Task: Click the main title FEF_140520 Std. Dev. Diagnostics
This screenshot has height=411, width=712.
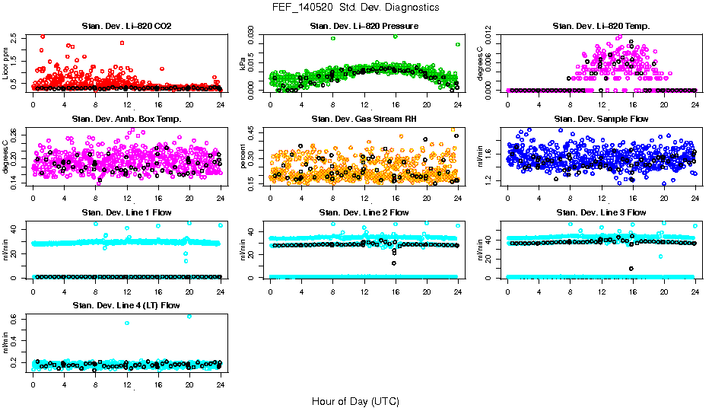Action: [355, 7]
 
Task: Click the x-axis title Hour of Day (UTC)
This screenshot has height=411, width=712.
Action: [355, 400]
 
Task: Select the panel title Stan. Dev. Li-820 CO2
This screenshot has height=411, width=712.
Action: [126, 27]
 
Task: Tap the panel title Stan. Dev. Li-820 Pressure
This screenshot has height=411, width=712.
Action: [364, 27]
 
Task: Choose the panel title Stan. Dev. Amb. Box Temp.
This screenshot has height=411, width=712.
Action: [126, 119]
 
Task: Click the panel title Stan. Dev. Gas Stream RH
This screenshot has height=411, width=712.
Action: [364, 119]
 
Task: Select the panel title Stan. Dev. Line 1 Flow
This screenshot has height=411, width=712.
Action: [126, 212]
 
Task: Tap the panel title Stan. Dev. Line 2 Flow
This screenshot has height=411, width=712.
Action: [364, 212]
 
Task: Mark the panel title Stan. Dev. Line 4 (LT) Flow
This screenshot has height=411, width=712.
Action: [126, 305]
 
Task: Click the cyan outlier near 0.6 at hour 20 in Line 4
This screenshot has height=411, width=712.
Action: [189, 316]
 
